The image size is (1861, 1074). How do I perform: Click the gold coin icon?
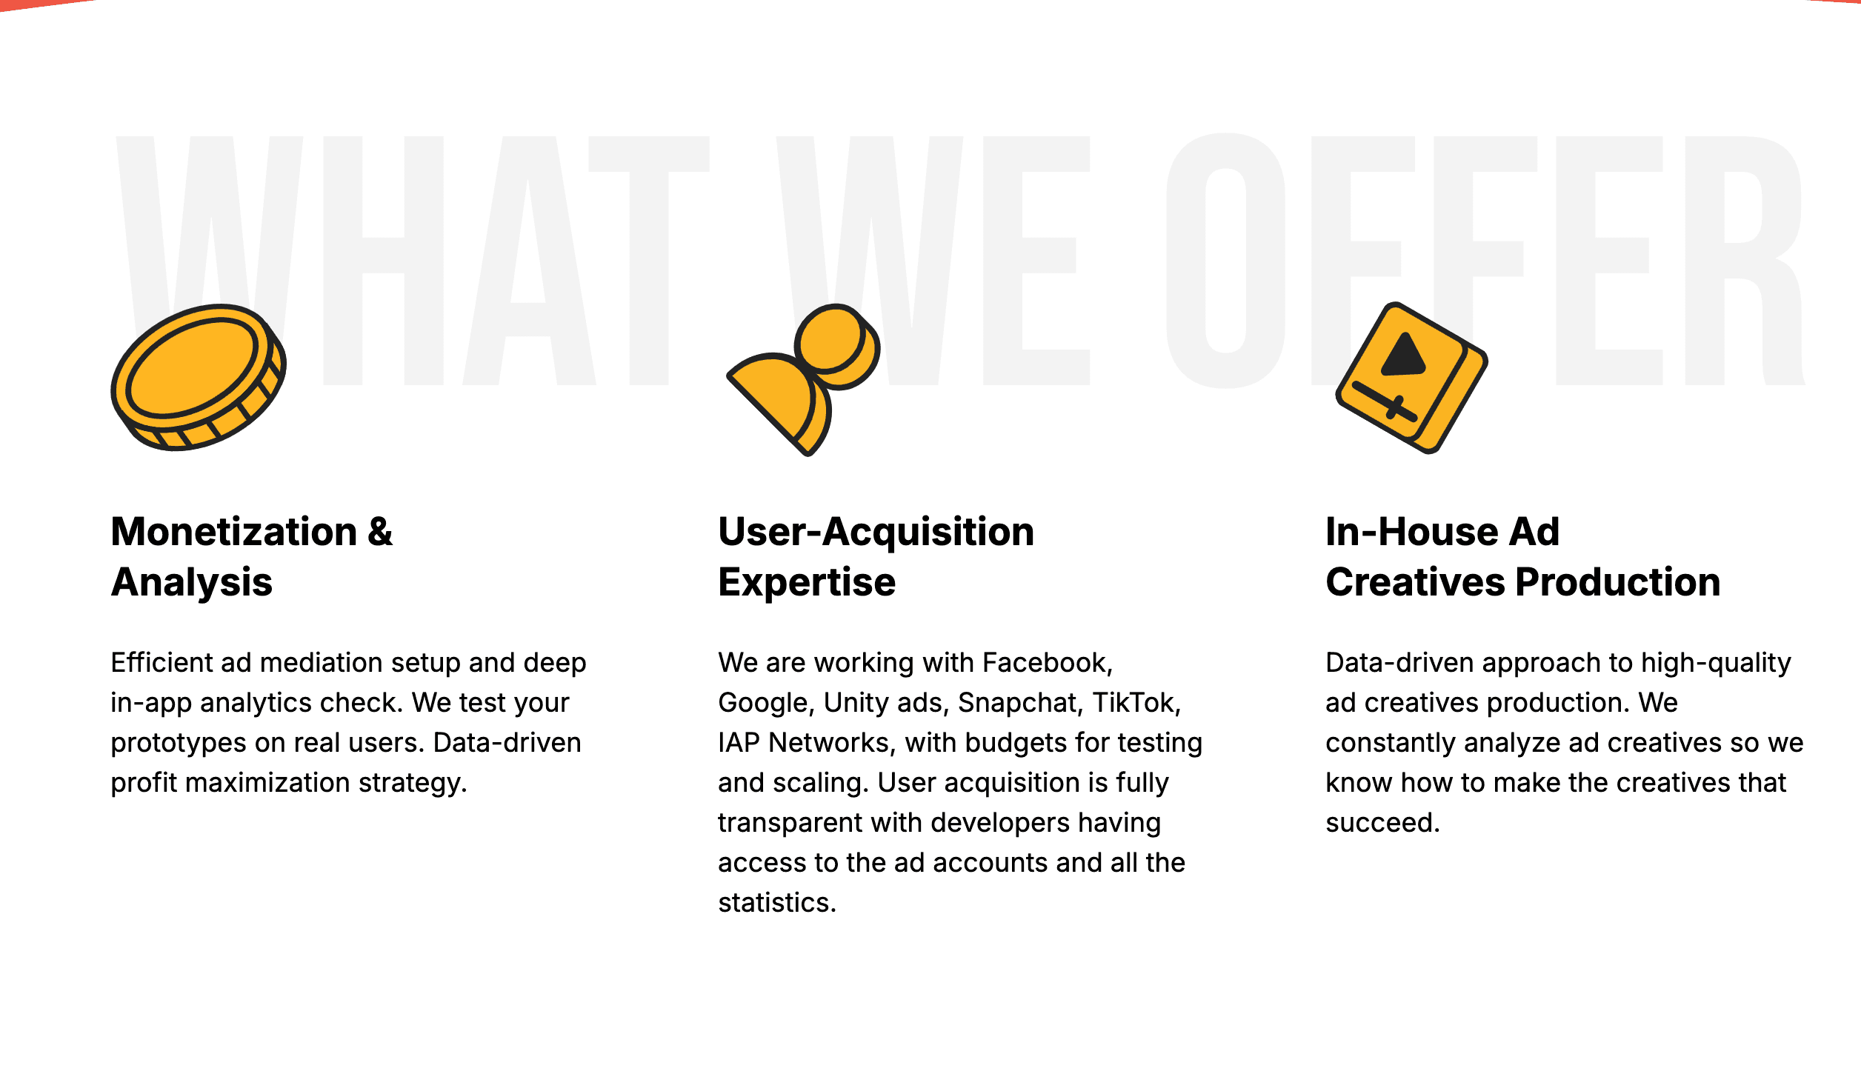(199, 377)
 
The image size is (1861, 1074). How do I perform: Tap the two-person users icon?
(804, 379)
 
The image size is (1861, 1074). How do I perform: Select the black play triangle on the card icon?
(1403, 355)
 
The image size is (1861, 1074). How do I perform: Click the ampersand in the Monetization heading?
(380, 532)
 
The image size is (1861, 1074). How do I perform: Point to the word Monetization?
(234, 532)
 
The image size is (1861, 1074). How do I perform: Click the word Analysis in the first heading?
(192, 582)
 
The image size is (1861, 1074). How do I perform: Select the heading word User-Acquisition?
(876, 532)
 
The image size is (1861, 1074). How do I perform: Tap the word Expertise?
(807, 582)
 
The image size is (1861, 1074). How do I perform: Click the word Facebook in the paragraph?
(1047, 663)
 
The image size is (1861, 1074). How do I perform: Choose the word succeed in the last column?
(1382, 823)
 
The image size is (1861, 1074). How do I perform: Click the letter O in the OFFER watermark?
(1226, 261)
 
